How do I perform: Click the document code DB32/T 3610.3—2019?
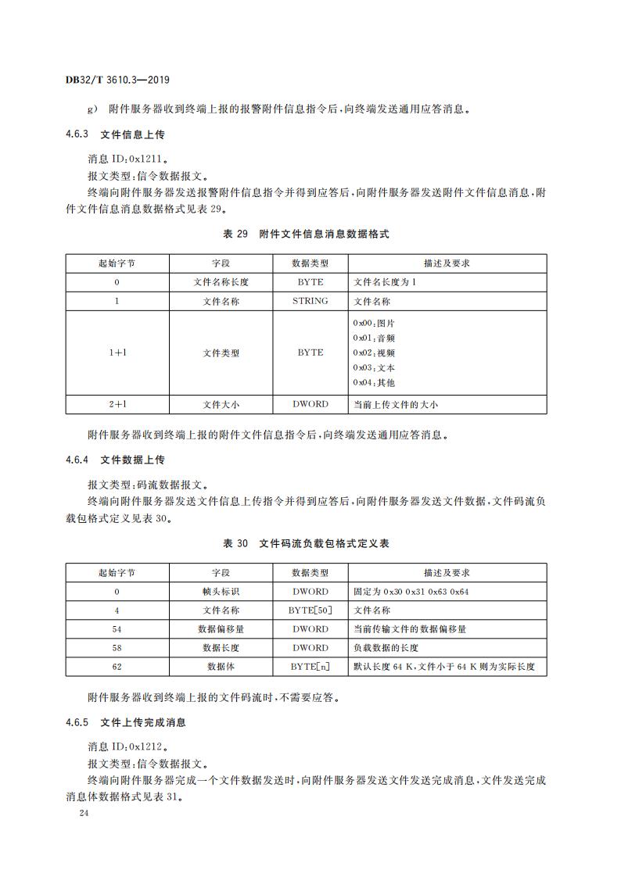118,81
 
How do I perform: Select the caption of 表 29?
306,234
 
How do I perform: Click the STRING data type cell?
310,301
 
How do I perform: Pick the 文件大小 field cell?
221,405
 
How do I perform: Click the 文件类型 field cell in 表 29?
221,353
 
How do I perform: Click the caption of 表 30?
306,543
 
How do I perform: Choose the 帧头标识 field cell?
221,592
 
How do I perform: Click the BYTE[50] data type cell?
310,610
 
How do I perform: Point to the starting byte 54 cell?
117,629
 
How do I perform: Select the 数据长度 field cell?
221,648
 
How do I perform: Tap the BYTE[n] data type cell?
310,667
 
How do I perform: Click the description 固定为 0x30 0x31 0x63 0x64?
411,592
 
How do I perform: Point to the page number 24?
84,814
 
